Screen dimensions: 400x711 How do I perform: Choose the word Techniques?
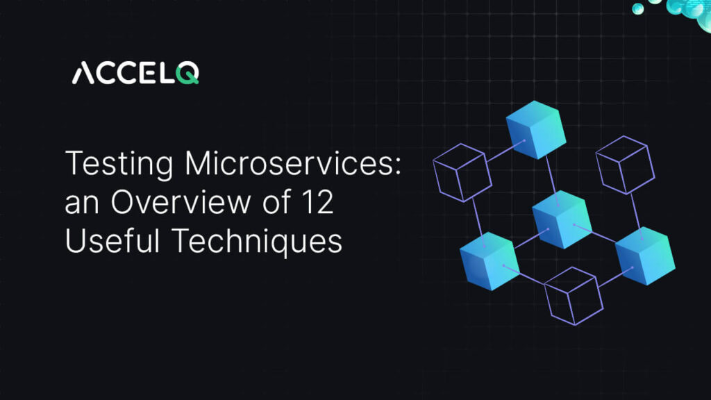point(257,241)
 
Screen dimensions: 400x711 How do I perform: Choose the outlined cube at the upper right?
point(622,166)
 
